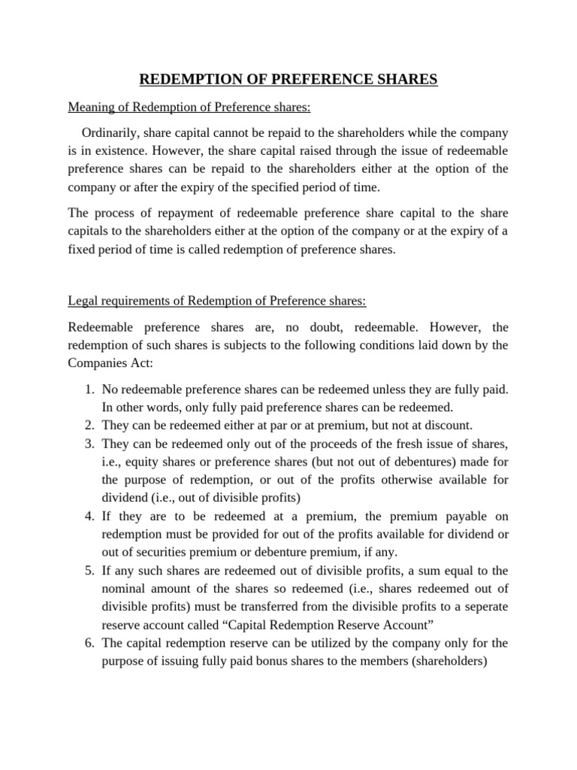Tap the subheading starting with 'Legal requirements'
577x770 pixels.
point(217,301)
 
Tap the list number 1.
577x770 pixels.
point(89,390)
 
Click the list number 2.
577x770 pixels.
point(89,425)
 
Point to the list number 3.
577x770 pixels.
point(89,443)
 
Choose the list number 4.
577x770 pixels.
point(89,516)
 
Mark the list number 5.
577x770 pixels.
point(89,570)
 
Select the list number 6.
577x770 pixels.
point(89,643)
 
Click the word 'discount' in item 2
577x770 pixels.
point(449,425)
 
